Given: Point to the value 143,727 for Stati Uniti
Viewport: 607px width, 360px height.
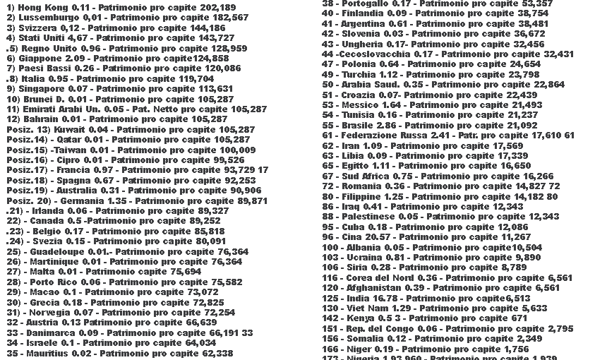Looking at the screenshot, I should coord(212,37).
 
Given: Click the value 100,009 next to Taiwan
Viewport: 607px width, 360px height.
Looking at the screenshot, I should coord(232,150).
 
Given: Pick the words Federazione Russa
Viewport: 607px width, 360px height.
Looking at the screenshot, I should coord(380,135).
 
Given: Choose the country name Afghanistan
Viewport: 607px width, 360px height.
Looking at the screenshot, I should coord(374,288).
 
